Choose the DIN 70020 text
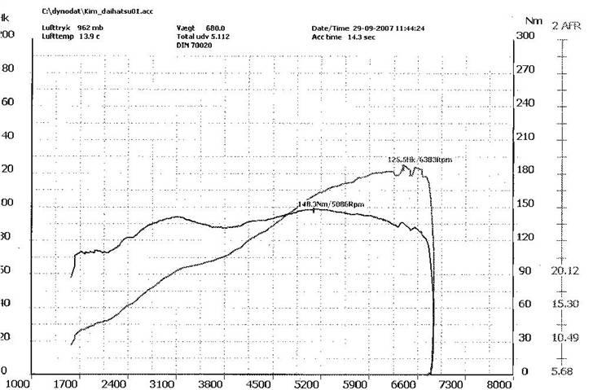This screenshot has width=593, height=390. [x=193, y=46]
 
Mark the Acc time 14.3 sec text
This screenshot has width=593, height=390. [x=340, y=37]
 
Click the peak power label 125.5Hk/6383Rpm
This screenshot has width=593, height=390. [x=419, y=160]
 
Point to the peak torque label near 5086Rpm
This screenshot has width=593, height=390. [x=331, y=203]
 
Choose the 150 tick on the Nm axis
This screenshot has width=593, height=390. [x=527, y=204]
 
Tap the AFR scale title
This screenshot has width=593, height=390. [x=567, y=26]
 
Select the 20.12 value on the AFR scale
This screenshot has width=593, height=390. [x=565, y=271]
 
